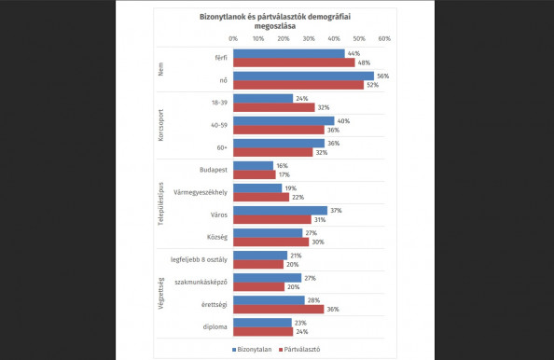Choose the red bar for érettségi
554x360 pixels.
click(278, 309)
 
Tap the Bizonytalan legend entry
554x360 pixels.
click(254, 349)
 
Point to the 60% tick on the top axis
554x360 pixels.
click(383, 39)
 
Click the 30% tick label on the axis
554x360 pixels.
click(308, 39)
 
